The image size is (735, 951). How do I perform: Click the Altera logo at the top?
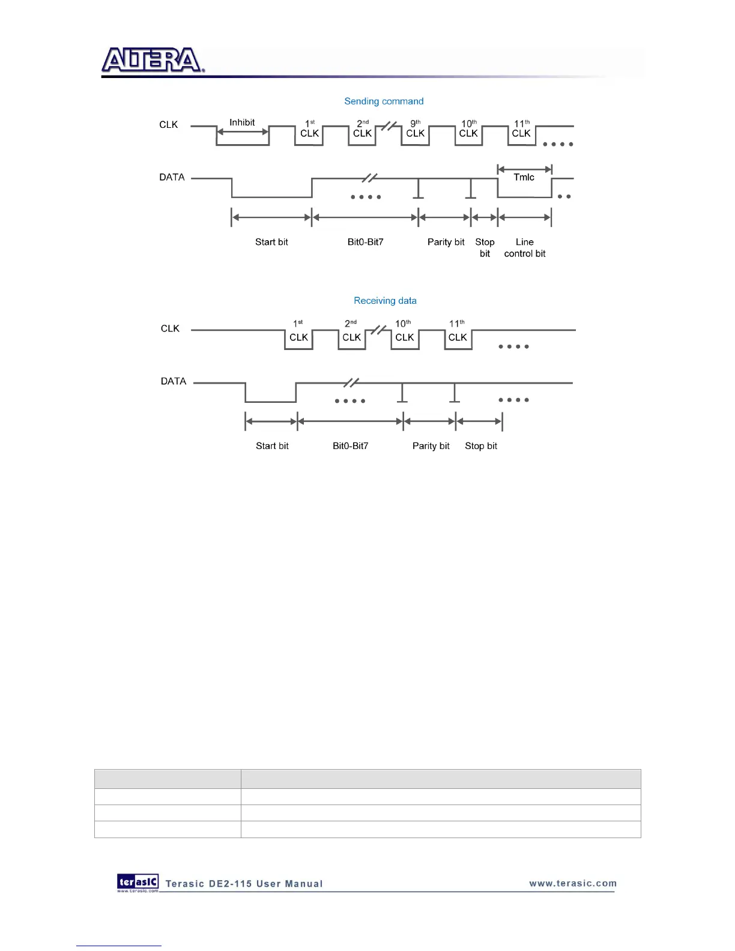coord(153,61)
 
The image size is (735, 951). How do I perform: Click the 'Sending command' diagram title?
coord(384,101)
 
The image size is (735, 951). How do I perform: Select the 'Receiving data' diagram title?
coord(385,301)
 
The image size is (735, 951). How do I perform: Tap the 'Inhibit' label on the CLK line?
coord(242,122)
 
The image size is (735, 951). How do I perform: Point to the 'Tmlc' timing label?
coord(524,177)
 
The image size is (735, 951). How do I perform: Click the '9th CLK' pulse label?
coord(416,128)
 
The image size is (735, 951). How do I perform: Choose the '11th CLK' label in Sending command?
coord(521,128)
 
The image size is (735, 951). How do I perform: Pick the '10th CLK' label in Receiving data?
coord(404,331)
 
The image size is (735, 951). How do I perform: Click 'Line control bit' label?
coord(525,248)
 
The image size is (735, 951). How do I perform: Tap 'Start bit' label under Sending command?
coord(271,242)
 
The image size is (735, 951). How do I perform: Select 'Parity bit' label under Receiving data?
coord(431,446)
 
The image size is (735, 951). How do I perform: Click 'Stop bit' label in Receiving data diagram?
coord(481,446)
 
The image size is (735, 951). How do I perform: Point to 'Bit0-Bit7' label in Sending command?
coord(365,242)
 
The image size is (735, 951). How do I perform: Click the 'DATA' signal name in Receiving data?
coord(174,381)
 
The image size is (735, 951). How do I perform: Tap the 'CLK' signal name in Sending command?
coord(169,125)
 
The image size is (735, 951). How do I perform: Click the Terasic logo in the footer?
coord(138,882)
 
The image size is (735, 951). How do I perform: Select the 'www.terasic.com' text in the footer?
coord(573,883)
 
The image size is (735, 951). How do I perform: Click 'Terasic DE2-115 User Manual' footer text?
coord(244,884)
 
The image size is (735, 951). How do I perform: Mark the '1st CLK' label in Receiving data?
coord(298,331)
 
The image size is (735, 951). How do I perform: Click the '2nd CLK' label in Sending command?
coord(363,128)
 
